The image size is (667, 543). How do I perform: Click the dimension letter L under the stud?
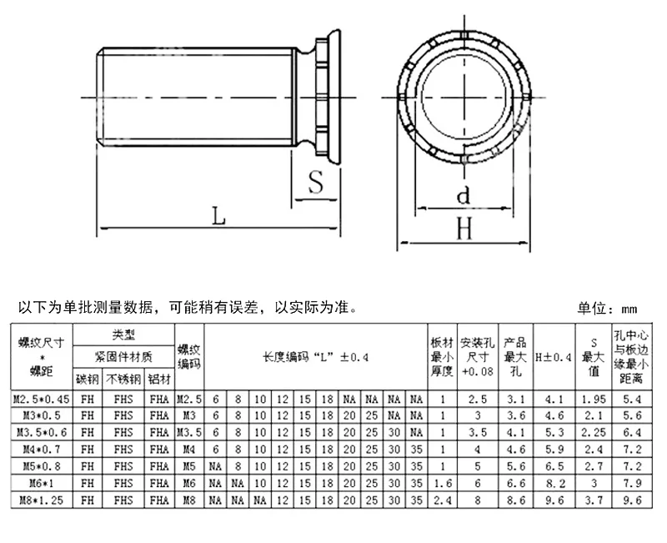tap(218, 215)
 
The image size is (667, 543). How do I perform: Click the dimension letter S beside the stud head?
tap(314, 183)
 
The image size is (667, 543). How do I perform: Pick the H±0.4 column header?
tap(552, 357)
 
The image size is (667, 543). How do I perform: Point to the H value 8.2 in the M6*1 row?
tap(552, 482)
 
